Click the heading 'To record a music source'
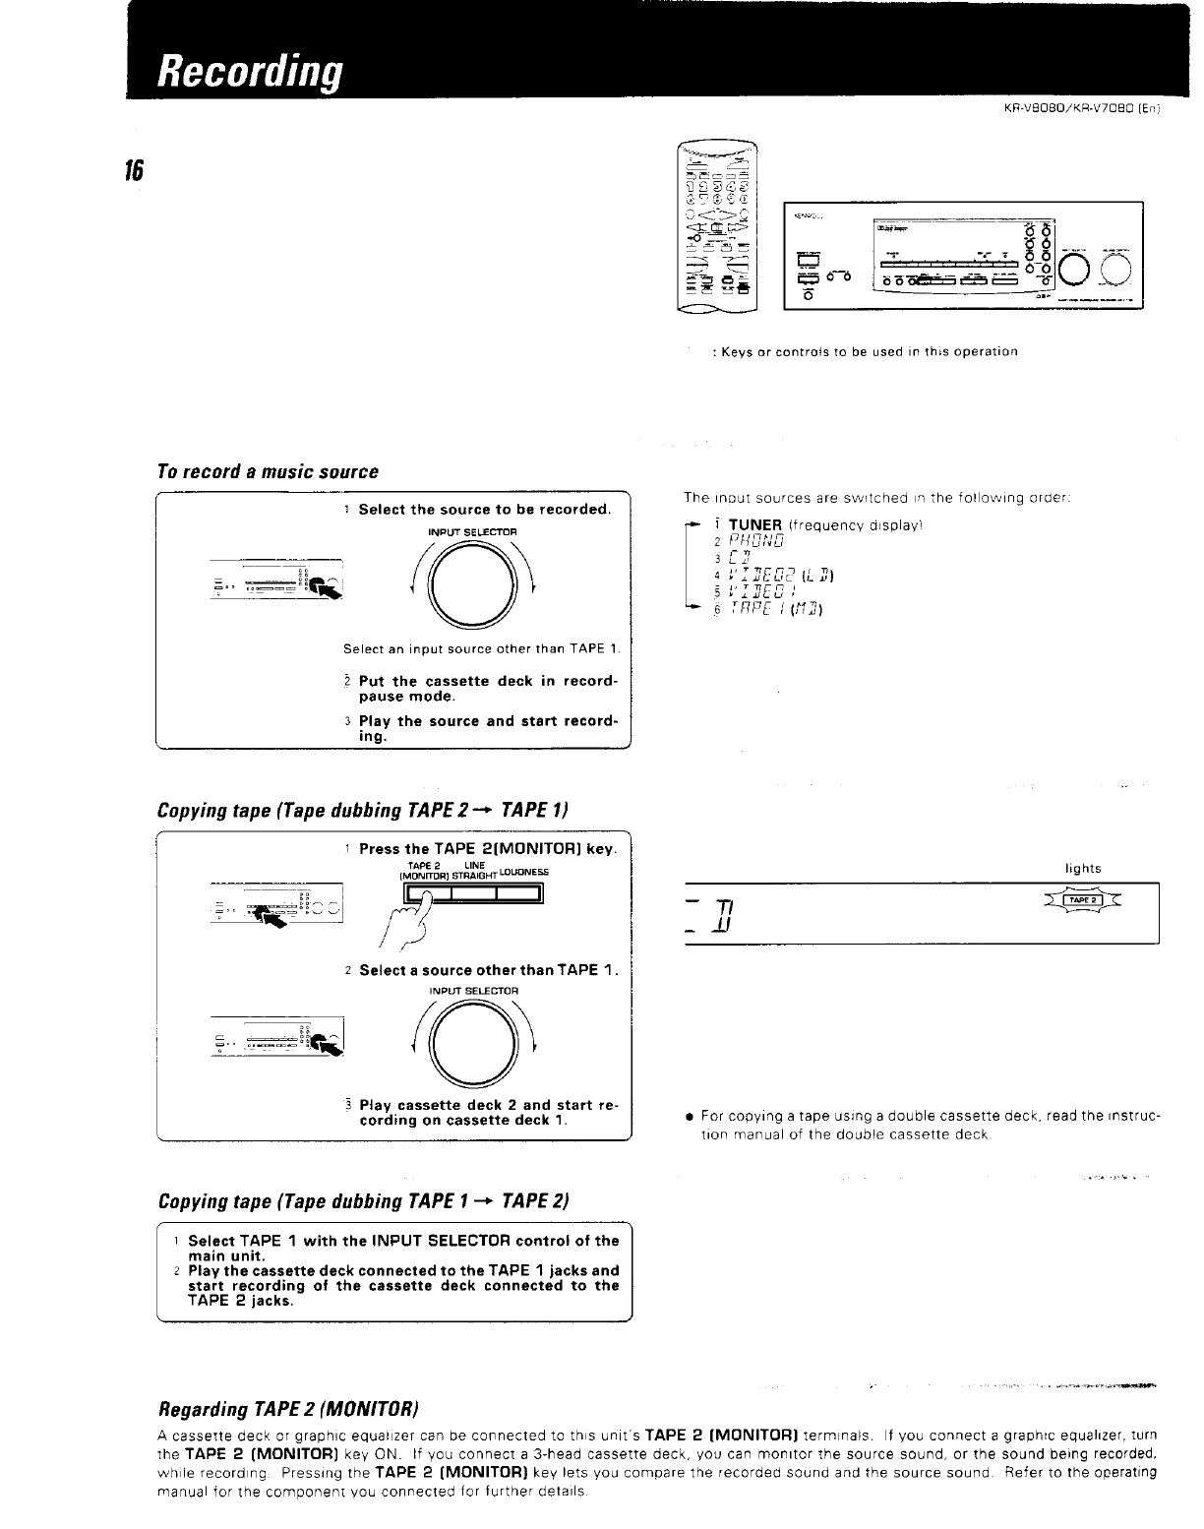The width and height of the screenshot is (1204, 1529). click(x=268, y=471)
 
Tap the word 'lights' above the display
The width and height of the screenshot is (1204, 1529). click(x=1083, y=869)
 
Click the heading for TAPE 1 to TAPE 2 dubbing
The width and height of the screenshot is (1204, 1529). click(x=363, y=1201)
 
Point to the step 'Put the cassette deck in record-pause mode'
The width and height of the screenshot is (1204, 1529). click(x=487, y=689)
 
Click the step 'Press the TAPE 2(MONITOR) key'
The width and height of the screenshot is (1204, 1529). click(x=487, y=848)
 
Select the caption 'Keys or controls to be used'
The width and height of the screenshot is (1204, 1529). click(x=864, y=351)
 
